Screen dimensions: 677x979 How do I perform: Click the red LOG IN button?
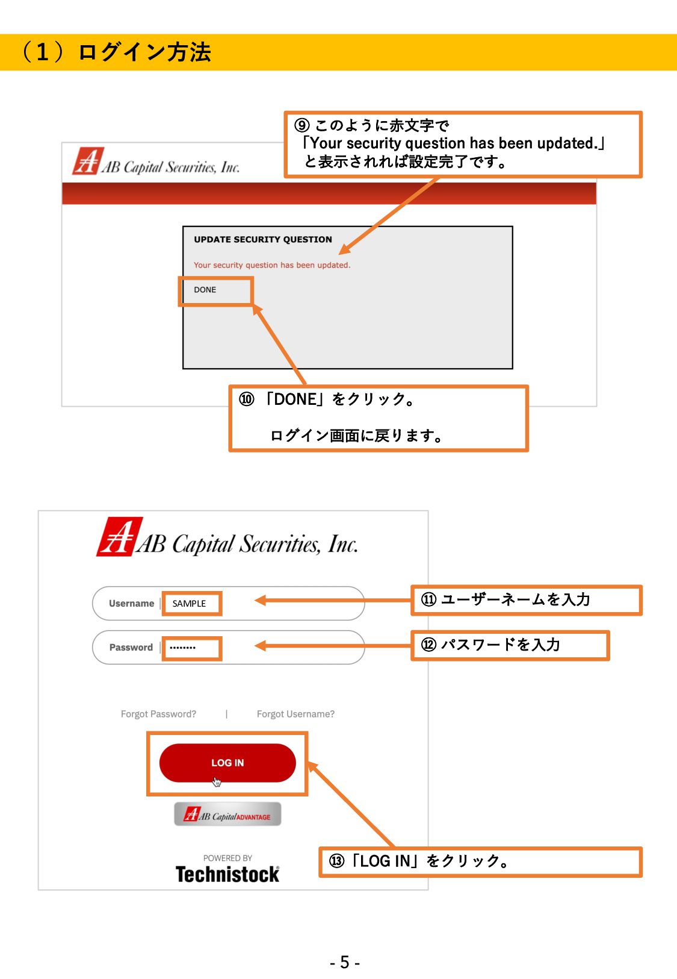pos(227,763)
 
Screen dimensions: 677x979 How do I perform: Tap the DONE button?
pos(205,290)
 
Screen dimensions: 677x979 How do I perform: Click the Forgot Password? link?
pos(158,714)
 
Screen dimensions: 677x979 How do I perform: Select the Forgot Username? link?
pos(295,714)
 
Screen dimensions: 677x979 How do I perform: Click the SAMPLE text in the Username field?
pos(189,604)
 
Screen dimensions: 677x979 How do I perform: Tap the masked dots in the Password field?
pos(182,648)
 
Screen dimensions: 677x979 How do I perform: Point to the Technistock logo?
pos(227,874)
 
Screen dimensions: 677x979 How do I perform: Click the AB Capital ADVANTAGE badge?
pos(227,814)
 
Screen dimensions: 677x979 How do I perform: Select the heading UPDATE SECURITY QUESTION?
pos(263,240)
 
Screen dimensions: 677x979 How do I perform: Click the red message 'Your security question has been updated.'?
pos(272,265)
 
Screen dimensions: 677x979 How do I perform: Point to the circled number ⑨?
pos(301,125)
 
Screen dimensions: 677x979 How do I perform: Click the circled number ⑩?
pos(246,399)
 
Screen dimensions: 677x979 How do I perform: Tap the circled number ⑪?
pos(428,599)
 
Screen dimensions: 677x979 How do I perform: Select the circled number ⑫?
pos(428,645)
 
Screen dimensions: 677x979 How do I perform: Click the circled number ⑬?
pos(336,861)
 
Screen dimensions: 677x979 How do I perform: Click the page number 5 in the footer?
pos(345,962)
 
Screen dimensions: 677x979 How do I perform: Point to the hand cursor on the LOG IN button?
pos(217,782)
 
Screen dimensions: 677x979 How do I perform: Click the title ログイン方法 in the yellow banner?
pos(145,52)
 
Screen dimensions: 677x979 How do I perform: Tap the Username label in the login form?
pos(131,604)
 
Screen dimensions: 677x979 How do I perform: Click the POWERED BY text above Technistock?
pos(227,858)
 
